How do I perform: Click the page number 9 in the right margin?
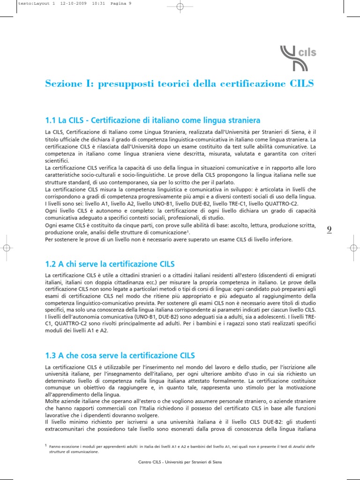pos(329,229)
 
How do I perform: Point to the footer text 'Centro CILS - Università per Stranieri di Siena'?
pos(180,462)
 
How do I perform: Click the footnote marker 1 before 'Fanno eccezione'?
pos(46,446)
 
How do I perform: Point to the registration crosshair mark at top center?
pos(180,7)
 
